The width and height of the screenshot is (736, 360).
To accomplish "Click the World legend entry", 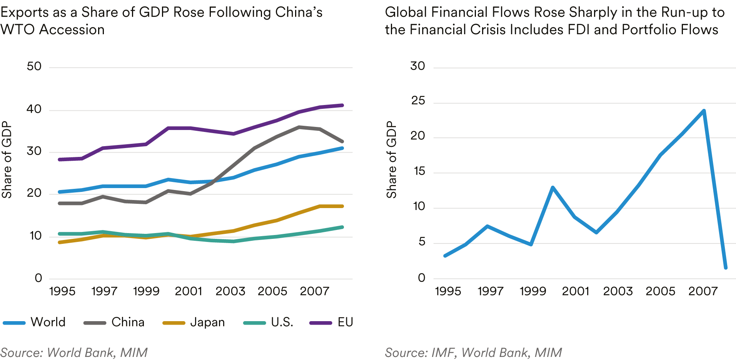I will [35, 322].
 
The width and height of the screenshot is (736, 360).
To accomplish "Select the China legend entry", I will [114, 322].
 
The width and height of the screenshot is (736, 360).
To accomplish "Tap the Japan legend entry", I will [194, 322].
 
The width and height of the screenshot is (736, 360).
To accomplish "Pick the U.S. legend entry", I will [269, 322].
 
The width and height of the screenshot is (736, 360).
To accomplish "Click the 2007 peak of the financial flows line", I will [704, 111].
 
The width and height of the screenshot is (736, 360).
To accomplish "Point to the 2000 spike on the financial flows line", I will [552, 188].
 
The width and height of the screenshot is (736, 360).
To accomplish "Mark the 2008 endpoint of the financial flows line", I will [726, 268].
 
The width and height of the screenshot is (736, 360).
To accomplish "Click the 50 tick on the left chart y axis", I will [34, 67].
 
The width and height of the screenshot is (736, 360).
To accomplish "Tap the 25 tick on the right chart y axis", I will [418, 101].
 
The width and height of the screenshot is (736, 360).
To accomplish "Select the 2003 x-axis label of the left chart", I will [230, 291].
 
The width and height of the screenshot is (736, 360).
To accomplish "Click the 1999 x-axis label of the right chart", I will [533, 291].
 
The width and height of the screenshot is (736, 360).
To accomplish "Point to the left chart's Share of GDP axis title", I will [7, 160].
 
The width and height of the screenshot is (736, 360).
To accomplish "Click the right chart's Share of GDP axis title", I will [391, 160].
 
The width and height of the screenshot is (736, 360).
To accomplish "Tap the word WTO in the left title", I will [17, 30].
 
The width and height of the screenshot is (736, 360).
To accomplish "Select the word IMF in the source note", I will [442, 352].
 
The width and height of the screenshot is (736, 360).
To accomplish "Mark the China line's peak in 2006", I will [299, 127].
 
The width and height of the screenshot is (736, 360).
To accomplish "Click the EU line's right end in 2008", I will [342, 105].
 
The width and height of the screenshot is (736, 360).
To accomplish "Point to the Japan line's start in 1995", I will [59, 242].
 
